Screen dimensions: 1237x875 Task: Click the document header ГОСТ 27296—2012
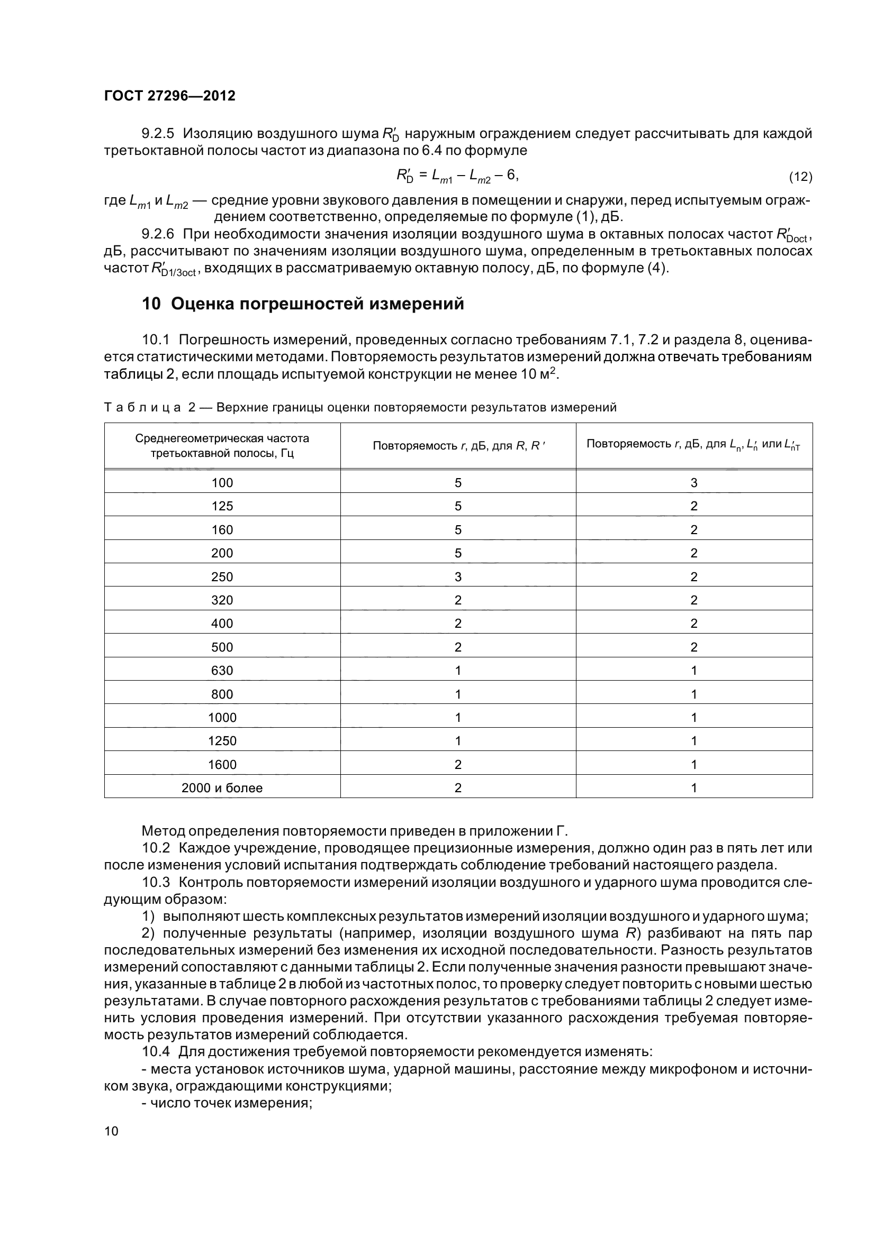click(x=169, y=96)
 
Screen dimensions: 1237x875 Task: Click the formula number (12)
click(x=800, y=177)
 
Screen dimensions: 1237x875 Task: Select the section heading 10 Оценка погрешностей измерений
click(x=302, y=304)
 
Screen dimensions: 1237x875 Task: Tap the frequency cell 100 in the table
click(x=222, y=483)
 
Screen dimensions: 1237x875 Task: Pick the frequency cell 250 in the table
click(x=222, y=577)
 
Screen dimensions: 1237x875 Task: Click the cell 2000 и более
click(x=222, y=787)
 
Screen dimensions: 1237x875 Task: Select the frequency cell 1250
click(x=222, y=741)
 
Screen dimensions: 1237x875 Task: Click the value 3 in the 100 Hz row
click(x=694, y=483)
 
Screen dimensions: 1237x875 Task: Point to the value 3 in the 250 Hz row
click(x=458, y=577)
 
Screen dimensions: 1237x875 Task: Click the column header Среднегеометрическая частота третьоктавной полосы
click(x=222, y=445)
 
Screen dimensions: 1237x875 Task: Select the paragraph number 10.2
click(x=156, y=848)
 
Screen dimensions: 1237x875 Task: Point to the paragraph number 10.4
click(x=156, y=1051)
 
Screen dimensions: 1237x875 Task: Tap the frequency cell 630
click(x=222, y=671)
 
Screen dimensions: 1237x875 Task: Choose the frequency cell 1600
click(x=222, y=765)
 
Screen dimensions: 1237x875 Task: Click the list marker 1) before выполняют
click(x=148, y=916)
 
